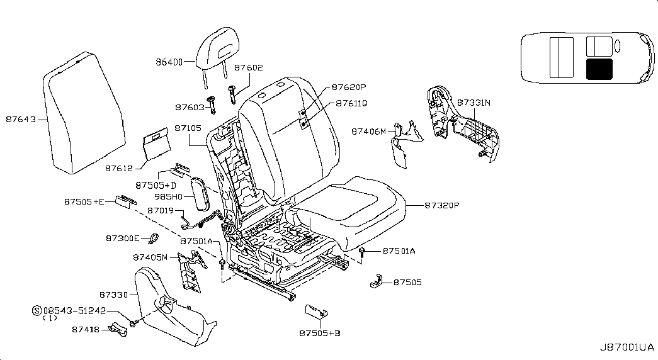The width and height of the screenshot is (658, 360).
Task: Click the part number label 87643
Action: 21,118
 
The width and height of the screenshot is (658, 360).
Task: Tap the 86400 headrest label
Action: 169,62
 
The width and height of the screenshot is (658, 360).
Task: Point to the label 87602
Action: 248,67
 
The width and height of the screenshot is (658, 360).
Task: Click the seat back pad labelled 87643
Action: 74,113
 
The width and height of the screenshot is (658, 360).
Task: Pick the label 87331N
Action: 474,102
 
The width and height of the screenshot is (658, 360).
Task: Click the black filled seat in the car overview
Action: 599,69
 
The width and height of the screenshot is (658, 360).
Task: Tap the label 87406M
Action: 368,132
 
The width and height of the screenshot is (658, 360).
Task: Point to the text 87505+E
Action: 85,201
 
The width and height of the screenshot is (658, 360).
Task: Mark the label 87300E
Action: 122,238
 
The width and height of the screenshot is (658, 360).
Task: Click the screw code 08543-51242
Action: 74,310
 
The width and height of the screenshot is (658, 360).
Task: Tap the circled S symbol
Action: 37,310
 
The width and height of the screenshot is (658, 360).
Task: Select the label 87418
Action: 85,329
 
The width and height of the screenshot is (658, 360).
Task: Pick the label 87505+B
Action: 320,333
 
